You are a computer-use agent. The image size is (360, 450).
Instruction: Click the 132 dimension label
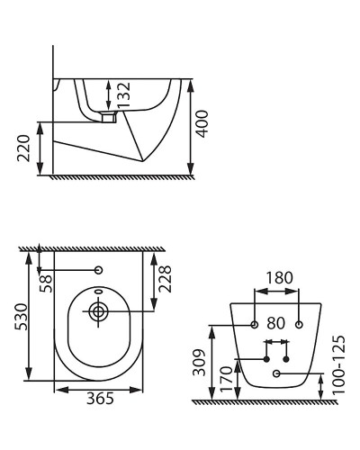pos(124,94)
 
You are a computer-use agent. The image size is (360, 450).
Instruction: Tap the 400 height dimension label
pos(202,124)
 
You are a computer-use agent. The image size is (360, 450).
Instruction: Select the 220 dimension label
pos(23,148)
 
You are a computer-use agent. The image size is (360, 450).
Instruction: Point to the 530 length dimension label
pos(22,317)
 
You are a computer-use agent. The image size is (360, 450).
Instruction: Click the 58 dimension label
pos(46,283)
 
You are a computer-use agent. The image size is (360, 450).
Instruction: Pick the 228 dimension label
pos(165,279)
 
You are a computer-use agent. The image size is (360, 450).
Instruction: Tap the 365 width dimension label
pos(100,399)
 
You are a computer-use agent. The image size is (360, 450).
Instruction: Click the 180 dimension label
pos(279,278)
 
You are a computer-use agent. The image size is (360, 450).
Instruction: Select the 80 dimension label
pos(276,323)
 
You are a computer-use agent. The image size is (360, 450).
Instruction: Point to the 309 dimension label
pos(200,363)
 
